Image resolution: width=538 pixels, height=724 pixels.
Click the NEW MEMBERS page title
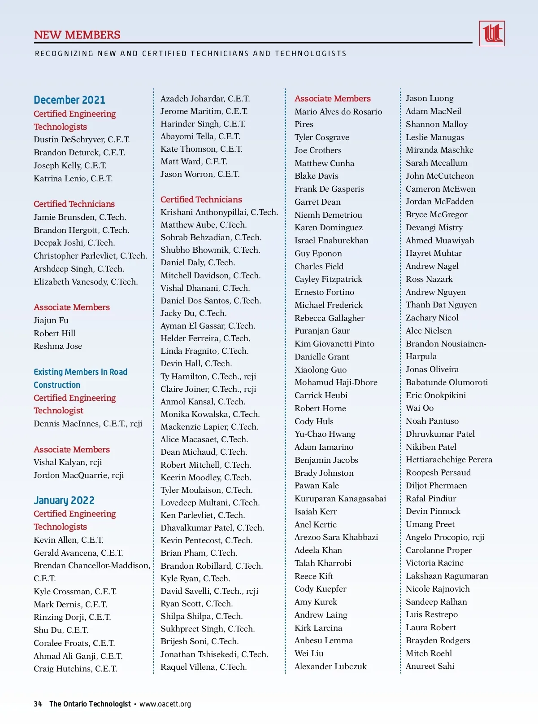77,35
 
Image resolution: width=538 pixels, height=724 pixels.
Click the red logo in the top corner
492,34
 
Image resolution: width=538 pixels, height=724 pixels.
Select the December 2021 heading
69,100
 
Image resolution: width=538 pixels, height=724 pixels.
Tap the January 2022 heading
64,500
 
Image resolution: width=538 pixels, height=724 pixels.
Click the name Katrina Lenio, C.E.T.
73,179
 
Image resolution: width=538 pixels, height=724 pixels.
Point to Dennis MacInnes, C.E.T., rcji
88,424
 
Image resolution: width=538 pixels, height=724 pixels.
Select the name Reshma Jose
58,346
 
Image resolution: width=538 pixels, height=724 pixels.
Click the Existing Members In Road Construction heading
80,378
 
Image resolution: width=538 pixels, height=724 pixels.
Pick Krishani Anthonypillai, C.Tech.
219,212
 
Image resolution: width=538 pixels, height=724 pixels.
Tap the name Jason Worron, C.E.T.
200,174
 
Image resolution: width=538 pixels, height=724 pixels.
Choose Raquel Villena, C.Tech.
204,667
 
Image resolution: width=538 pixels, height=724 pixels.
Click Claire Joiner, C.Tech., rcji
208,389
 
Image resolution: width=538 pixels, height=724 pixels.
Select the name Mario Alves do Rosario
338,112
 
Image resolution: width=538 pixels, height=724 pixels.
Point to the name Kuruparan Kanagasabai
340,499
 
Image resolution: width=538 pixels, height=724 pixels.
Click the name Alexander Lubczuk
330,667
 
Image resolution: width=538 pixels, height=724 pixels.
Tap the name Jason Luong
430,98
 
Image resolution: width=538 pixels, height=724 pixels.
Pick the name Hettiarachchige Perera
449,460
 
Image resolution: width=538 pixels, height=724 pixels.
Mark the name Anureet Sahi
430,666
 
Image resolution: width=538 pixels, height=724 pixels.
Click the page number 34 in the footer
38,704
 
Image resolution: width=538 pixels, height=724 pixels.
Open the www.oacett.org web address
165,704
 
